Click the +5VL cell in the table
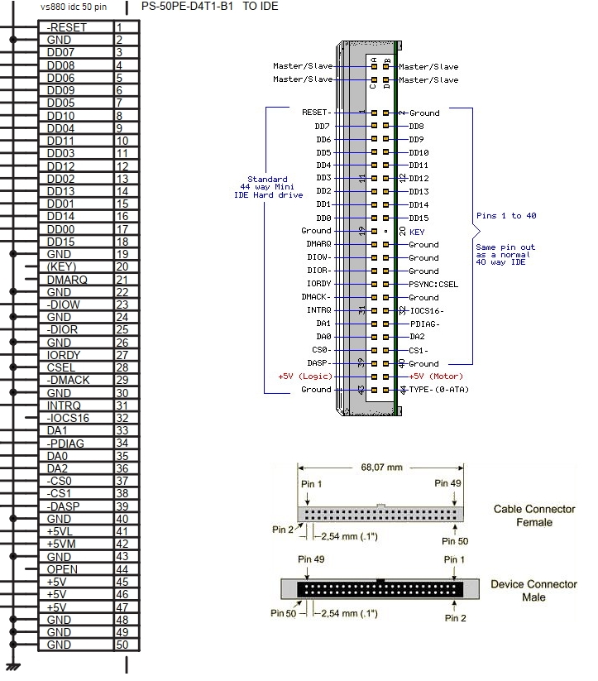pyautogui.click(x=64, y=531)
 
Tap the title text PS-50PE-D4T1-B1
pyautogui.click(x=188, y=7)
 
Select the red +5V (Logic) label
pyautogui.click(x=304, y=376)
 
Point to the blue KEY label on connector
pyautogui.click(x=417, y=233)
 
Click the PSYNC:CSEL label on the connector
pyautogui.click(x=434, y=284)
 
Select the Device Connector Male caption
pyautogui.click(x=533, y=590)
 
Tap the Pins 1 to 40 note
pyautogui.click(x=506, y=216)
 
